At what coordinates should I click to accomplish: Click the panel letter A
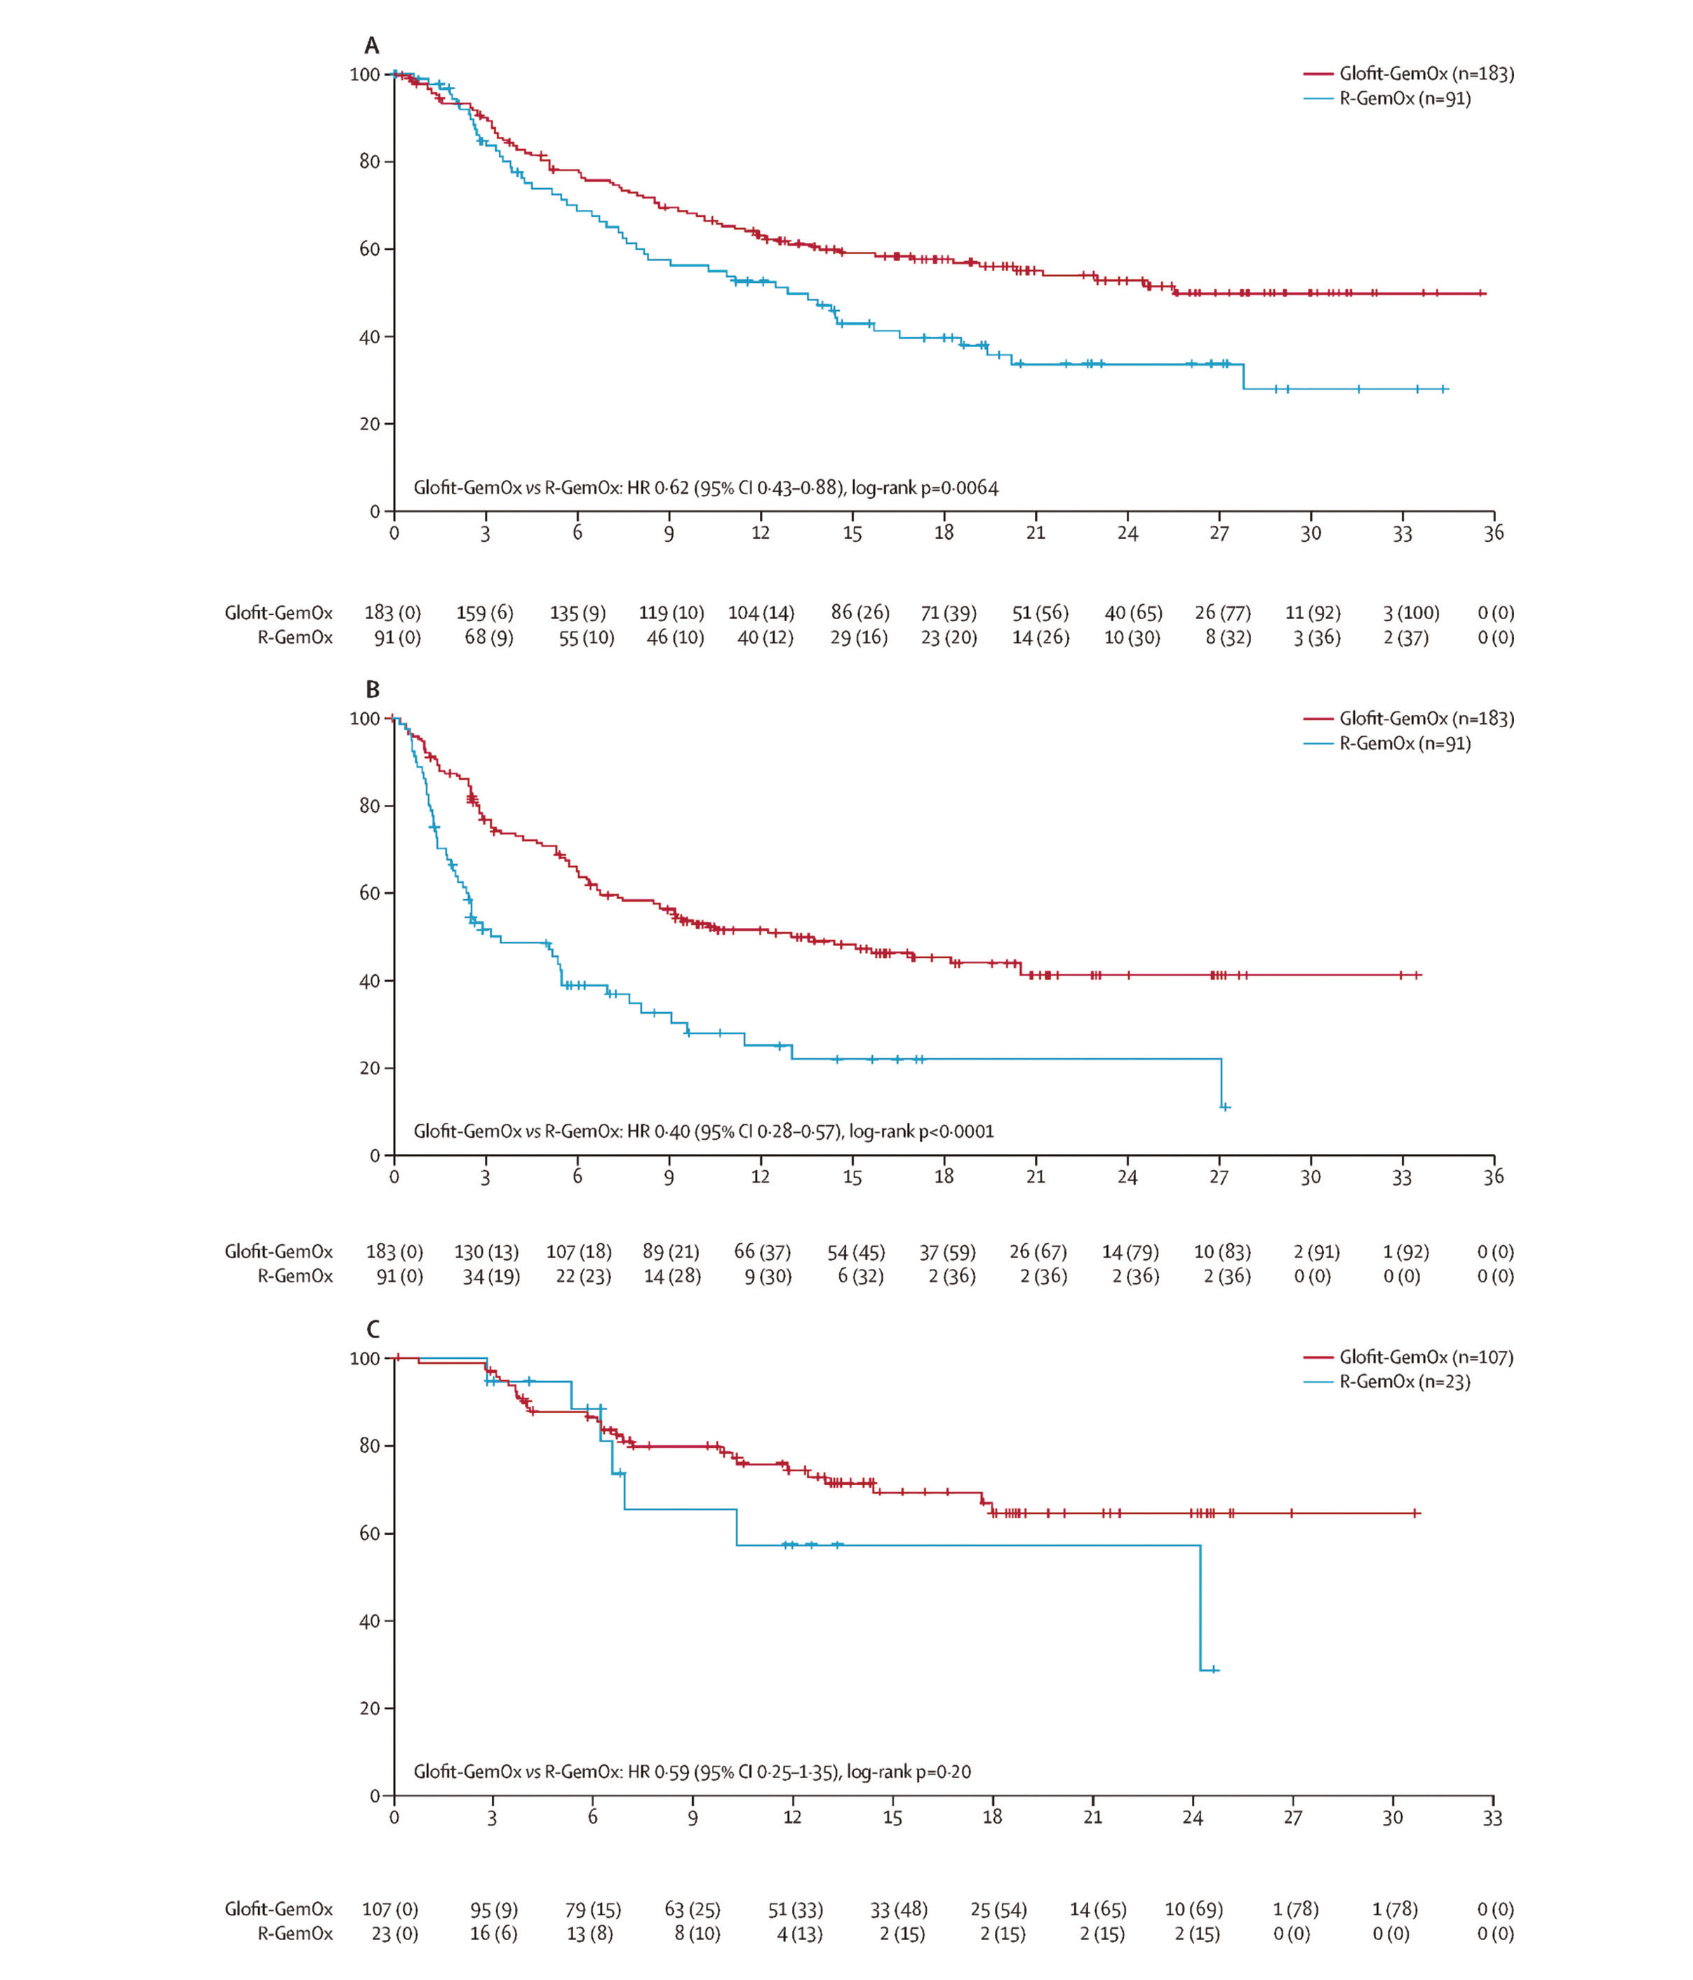click(372, 46)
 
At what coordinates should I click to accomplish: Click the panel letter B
click(373, 689)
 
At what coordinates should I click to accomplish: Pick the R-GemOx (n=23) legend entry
click(1403, 1382)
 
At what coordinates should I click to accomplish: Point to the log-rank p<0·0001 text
click(921, 1131)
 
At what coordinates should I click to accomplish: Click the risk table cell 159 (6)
click(484, 613)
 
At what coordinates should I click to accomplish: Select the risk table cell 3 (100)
click(1410, 613)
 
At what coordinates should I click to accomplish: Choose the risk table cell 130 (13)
click(486, 1252)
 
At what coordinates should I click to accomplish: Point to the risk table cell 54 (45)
click(856, 1252)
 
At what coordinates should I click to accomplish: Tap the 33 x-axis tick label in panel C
click(1492, 1819)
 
